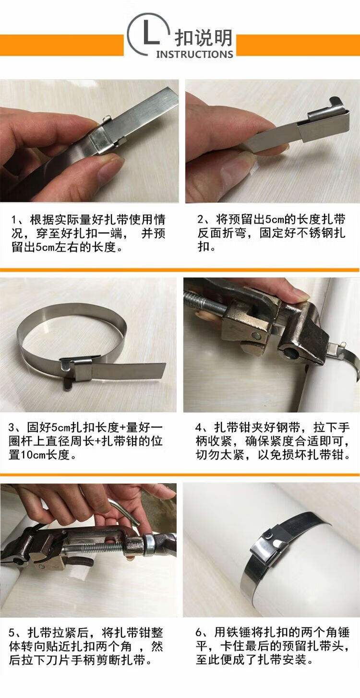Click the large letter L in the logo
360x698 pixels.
pos(151,33)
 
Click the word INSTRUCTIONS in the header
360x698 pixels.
pos(194,55)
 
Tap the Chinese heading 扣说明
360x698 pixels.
pos(203,38)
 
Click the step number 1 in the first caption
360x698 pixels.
pos(14,220)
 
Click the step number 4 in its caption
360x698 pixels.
pos(199,427)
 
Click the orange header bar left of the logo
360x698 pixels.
pos(62,45)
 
